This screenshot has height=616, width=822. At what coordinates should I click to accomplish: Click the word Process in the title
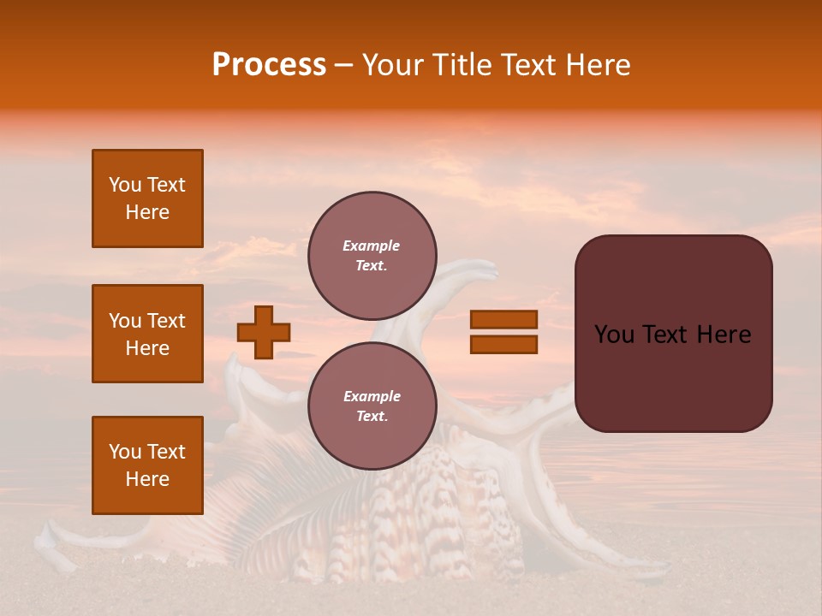coord(269,65)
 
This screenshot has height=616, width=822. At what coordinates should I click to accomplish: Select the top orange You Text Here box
coord(147,198)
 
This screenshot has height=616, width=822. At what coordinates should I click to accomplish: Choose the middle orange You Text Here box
coord(147,334)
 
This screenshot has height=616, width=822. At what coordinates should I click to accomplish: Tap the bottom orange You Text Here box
coord(147,465)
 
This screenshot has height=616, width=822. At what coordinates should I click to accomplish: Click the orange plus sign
coord(264,332)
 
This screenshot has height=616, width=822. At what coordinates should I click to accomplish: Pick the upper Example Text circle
coord(372,255)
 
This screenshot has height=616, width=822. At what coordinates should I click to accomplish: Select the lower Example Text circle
coord(372,406)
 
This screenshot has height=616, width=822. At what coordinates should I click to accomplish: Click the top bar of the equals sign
coord(503,319)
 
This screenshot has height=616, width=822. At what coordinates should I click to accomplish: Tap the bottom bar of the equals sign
coord(503,344)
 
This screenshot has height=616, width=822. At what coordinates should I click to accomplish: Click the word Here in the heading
coord(596,65)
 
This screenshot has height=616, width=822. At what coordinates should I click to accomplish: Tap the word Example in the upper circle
coord(372,246)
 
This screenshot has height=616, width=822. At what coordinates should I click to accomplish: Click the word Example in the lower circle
coord(372,396)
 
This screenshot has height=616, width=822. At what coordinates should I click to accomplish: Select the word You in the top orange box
coord(124,185)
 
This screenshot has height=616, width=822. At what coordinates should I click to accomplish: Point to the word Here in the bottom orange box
coord(147,479)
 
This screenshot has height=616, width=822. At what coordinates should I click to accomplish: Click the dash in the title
coord(343,65)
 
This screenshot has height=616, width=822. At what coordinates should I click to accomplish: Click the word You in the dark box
coord(614,335)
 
